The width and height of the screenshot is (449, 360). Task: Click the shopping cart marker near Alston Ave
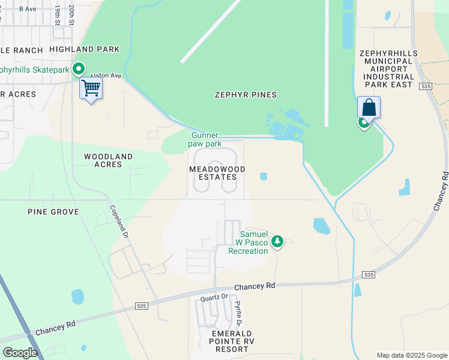point(91,88)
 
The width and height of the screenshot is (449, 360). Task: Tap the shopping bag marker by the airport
point(369,108)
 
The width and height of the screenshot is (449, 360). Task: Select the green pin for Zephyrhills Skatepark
point(78,70)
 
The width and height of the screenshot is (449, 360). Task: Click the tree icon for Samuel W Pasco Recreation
point(277,242)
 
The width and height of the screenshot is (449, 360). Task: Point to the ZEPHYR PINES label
point(246,95)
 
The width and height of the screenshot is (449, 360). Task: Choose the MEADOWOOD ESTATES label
point(217,173)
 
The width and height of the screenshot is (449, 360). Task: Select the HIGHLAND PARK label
point(85,49)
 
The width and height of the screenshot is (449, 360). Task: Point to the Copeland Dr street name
point(118,221)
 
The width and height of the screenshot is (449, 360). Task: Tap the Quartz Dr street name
point(214,297)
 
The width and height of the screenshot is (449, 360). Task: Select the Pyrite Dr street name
point(238,313)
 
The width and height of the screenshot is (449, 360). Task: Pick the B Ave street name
point(28,9)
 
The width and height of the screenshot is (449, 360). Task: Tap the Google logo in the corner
point(20,352)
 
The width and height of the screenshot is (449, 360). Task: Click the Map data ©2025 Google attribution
point(411,355)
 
